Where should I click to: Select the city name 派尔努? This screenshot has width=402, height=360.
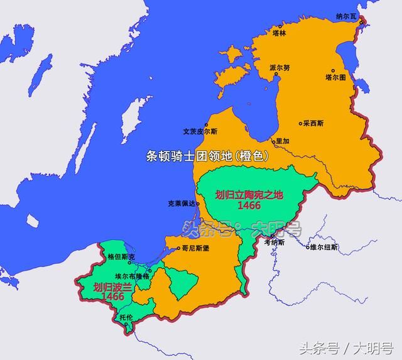pyautogui.click(x=279, y=68)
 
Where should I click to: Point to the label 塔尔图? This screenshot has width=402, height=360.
pyautogui.click(x=335, y=79)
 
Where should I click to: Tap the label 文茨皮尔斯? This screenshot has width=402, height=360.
pyautogui.click(x=200, y=132)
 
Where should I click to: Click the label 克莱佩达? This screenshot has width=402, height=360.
pyautogui.click(x=182, y=204)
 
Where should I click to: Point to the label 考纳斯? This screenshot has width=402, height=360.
pyautogui.click(x=274, y=242)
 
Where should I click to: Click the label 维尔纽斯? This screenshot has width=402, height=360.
pyautogui.click(x=323, y=248)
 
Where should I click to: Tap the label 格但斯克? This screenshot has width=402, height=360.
pyautogui.click(x=121, y=257)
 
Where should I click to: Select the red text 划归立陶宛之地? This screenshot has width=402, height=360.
pyautogui.click(x=249, y=194)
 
